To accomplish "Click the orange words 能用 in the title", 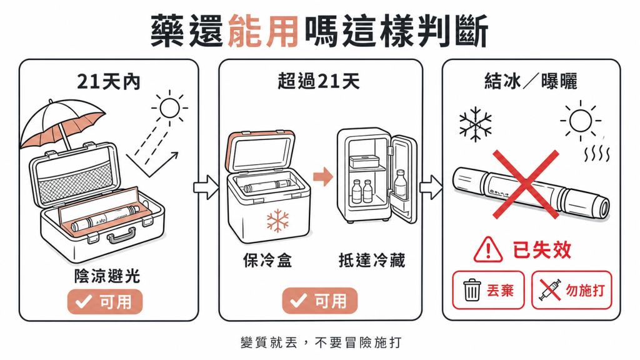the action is (x=263, y=31).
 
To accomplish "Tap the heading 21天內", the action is (x=109, y=82).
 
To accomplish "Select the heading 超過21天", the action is (x=319, y=81).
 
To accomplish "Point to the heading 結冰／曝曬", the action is (x=531, y=81).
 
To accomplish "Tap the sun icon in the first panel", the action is (x=170, y=108).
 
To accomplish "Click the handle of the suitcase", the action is (x=121, y=236).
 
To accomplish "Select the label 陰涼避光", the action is (x=107, y=276).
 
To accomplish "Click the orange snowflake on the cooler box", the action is (x=277, y=221).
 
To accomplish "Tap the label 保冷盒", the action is (x=267, y=261).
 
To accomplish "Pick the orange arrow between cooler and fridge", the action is (x=323, y=176).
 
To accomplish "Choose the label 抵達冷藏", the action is (x=371, y=261).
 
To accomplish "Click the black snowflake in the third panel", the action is (x=476, y=124).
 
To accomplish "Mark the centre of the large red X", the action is (x=526, y=184).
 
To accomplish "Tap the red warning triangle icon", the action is (x=487, y=250).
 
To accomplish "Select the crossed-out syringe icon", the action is (x=550, y=290).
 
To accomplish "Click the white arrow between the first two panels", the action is (x=206, y=187).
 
